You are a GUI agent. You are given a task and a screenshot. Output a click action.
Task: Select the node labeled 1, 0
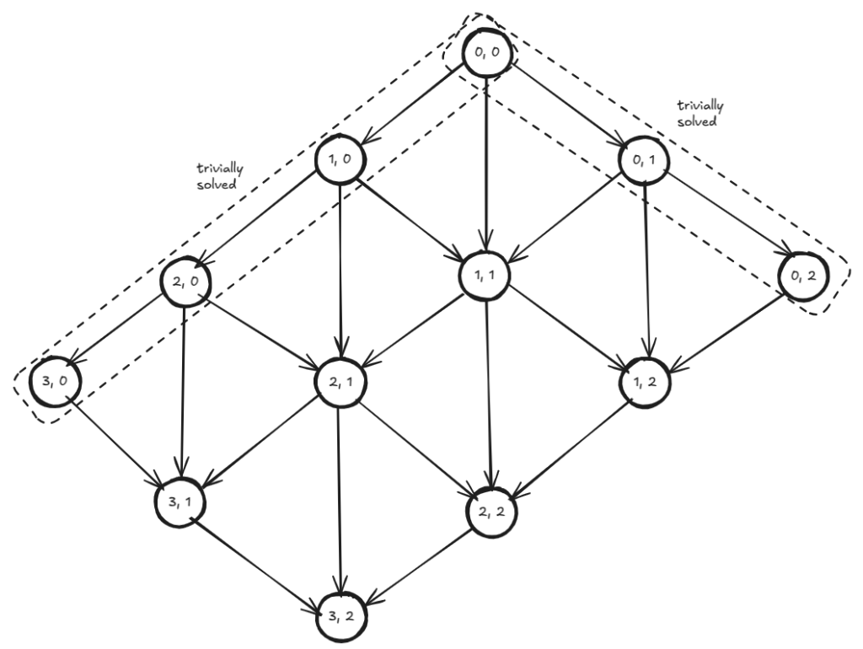(x=339, y=159)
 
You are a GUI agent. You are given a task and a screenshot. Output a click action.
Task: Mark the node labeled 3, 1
(x=180, y=503)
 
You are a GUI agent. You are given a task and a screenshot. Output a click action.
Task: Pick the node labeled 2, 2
(x=492, y=511)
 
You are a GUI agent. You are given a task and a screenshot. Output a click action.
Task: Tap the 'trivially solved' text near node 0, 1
(x=700, y=112)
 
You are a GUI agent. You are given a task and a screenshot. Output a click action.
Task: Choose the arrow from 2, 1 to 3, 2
(x=339, y=497)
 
